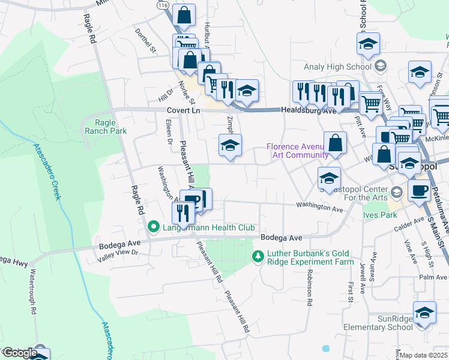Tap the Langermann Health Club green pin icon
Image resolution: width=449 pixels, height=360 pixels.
click(x=152, y=227)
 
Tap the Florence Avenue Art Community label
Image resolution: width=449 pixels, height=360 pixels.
click(x=297, y=151)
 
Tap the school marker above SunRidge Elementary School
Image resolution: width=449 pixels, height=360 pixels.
click(x=424, y=314)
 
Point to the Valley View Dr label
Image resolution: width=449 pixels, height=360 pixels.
click(x=118, y=253)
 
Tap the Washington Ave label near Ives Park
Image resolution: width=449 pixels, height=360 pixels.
click(x=319, y=207)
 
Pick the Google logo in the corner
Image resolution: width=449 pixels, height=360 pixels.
click(x=19, y=353)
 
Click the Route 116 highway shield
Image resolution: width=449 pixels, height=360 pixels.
click(x=162, y=4)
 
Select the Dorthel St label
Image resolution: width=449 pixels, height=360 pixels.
click(x=145, y=40)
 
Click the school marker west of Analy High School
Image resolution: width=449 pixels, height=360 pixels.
click(x=368, y=43)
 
